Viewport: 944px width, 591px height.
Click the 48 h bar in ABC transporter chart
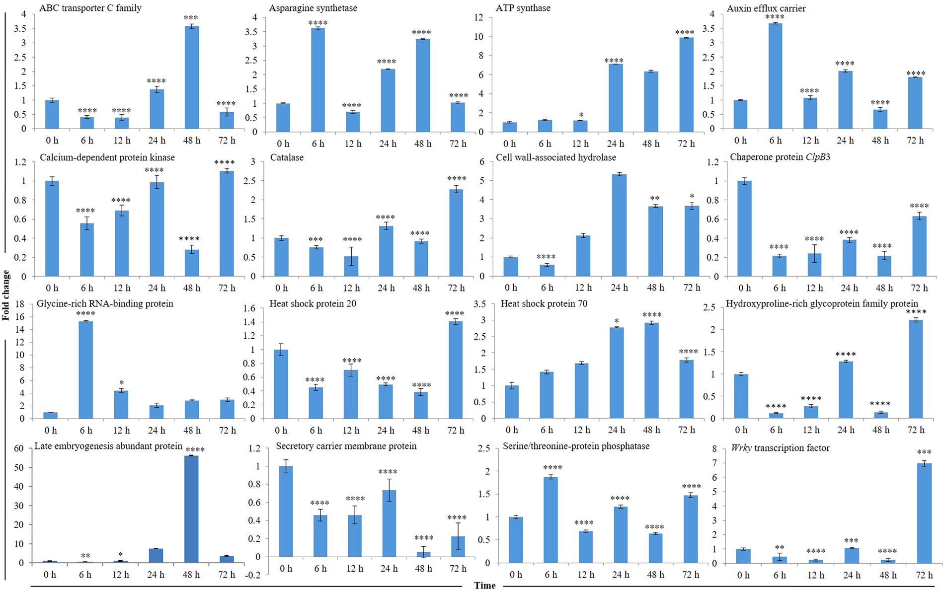192,77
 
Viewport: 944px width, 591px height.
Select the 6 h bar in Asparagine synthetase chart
318,79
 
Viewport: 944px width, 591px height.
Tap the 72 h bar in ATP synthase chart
686,84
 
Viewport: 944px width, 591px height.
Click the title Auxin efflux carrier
766,8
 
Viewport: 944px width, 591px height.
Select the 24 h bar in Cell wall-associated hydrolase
619,225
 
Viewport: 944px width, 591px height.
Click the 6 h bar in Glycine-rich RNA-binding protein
85,369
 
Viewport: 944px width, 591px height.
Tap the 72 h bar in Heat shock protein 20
456,369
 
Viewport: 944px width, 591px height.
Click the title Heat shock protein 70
544,303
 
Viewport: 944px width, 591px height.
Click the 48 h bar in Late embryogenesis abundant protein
191,509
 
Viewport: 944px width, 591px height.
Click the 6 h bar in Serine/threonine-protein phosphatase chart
551,519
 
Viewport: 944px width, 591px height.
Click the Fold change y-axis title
6,295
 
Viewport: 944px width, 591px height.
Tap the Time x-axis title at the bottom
484,586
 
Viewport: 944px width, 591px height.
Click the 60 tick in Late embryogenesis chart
19,448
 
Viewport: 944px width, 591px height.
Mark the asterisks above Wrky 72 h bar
924,452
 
